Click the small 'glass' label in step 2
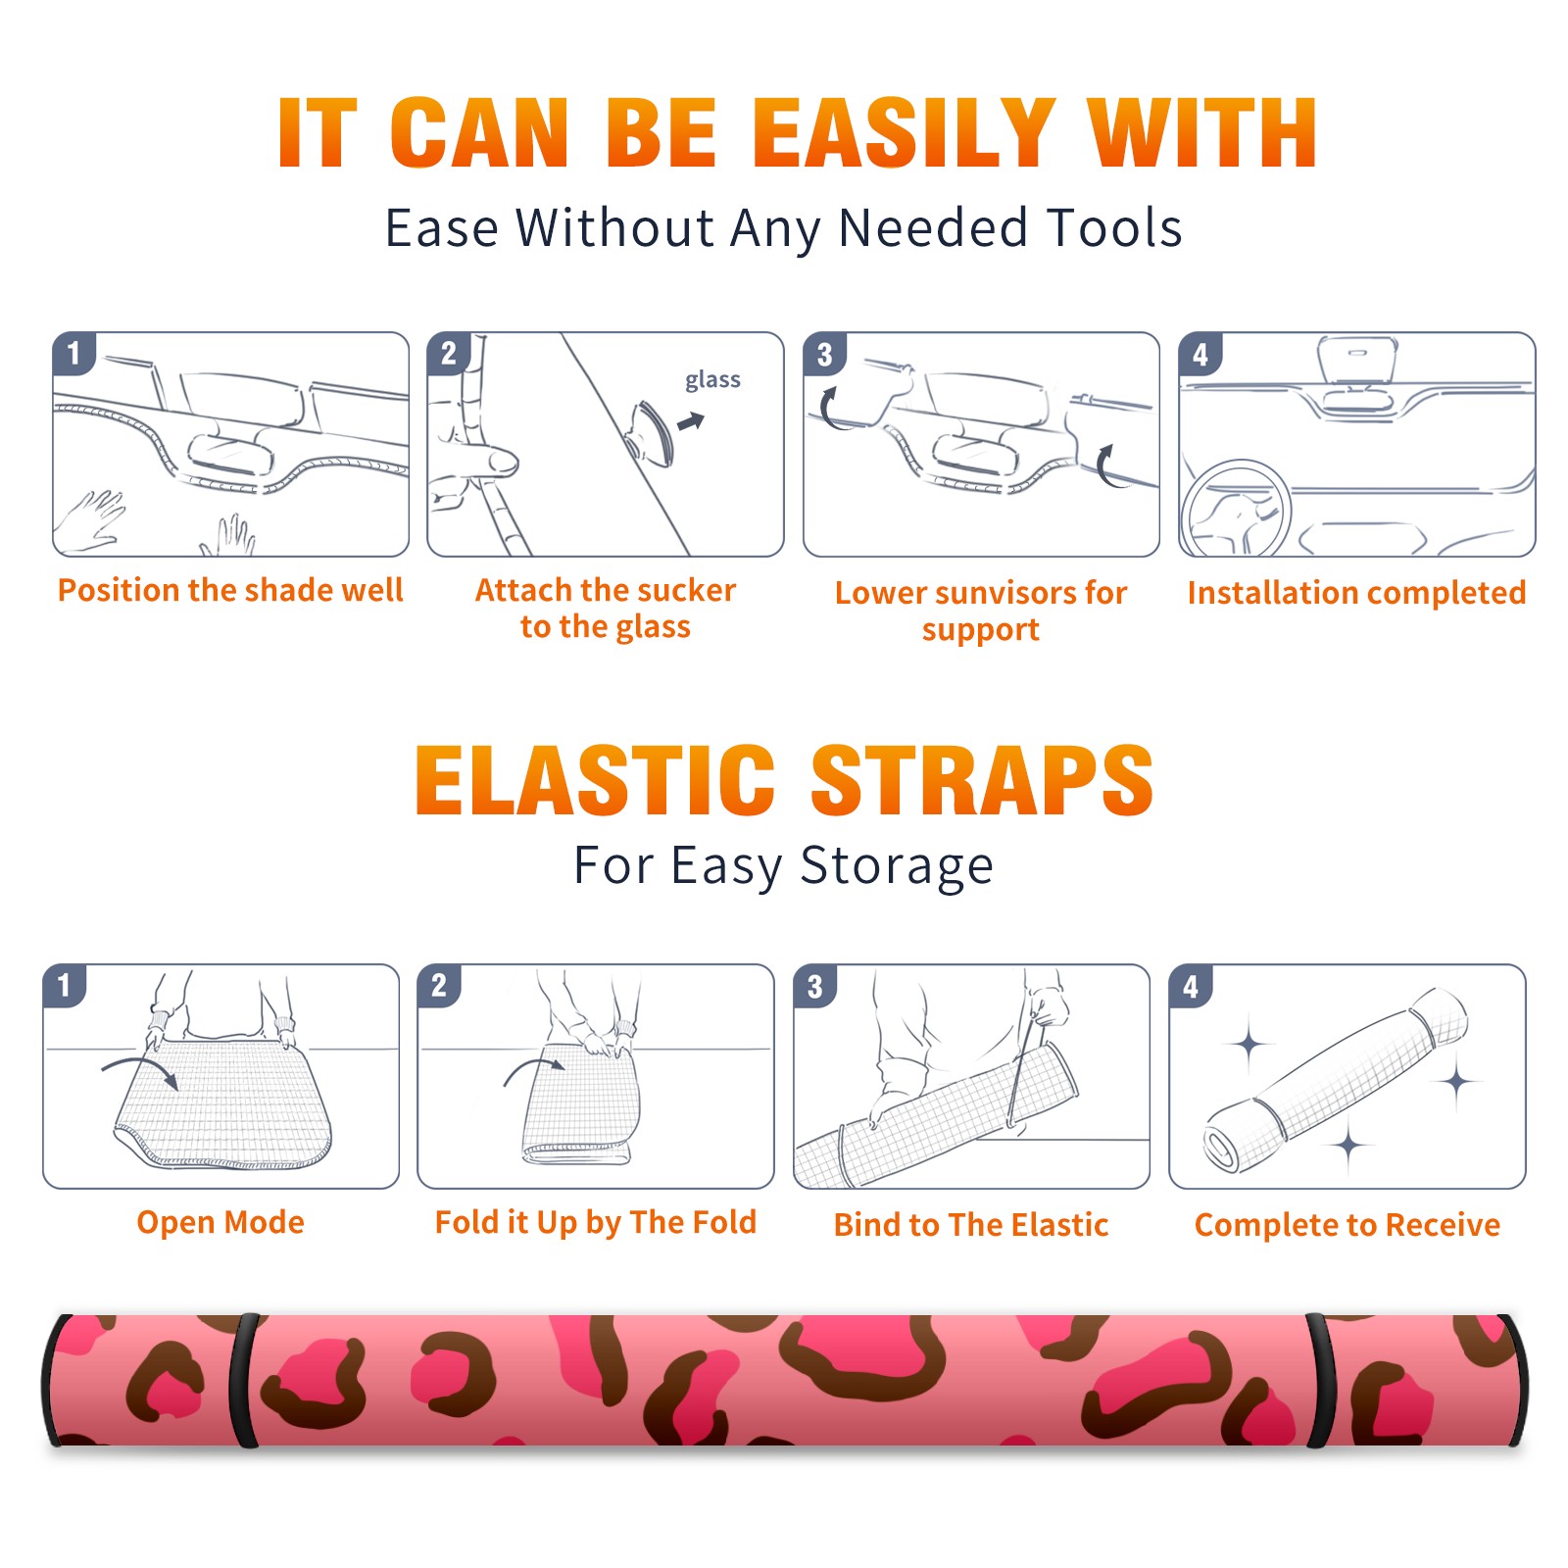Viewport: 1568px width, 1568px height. [x=712, y=380]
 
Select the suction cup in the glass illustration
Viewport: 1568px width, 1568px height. [x=652, y=432]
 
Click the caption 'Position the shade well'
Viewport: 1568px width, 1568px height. [x=230, y=590]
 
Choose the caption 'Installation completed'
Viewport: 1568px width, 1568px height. [x=1356, y=593]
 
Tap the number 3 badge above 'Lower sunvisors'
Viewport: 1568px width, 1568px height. [x=824, y=355]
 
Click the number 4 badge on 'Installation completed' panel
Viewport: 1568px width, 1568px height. [x=1200, y=355]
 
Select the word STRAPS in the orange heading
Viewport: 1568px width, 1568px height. [x=982, y=780]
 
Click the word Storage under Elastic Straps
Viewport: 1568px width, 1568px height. [x=897, y=866]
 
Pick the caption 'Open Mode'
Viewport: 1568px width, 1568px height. [x=220, y=1222]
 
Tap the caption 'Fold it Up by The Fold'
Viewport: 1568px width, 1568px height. [x=596, y=1222]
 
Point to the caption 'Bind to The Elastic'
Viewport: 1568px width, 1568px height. [x=971, y=1225]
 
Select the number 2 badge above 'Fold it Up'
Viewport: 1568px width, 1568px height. [x=439, y=986]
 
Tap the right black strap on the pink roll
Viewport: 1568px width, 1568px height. [x=1320, y=1380]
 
